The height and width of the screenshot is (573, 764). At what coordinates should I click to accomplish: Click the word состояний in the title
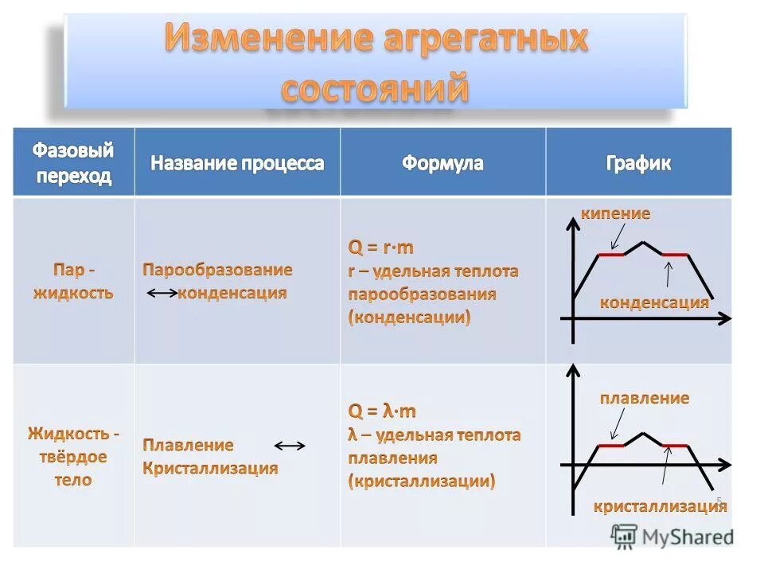tap(374, 88)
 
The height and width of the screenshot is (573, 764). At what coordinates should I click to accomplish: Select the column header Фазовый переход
tap(72, 163)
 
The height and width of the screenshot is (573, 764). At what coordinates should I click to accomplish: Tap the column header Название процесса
tap(237, 164)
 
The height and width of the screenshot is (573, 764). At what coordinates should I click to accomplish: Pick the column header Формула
tap(442, 164)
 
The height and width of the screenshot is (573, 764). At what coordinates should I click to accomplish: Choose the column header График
tap(638, 164)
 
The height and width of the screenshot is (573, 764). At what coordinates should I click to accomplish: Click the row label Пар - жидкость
tap(72, 281)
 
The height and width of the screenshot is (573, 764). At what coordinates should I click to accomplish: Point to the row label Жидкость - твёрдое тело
tap(72, 457)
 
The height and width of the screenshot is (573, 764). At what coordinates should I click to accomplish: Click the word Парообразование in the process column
tap(217, 270)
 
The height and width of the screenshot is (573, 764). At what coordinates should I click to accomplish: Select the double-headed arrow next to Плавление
tap(290, 446)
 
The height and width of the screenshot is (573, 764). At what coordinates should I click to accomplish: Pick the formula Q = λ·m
tap(382, 411)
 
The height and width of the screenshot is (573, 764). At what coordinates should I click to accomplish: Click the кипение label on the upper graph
tap(615, 213)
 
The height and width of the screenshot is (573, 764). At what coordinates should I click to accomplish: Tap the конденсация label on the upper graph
tap(653, 302)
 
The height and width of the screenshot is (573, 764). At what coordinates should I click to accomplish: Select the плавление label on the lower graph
tap(644, 397)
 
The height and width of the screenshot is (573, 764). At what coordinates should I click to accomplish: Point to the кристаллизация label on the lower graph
tap(660, 506)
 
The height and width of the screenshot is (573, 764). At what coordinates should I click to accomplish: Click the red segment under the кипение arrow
tap(611, 255)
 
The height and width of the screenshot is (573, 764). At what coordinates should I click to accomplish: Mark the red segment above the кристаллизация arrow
tap(675, 446)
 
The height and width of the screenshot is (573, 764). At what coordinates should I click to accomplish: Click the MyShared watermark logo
tap(672, 536)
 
